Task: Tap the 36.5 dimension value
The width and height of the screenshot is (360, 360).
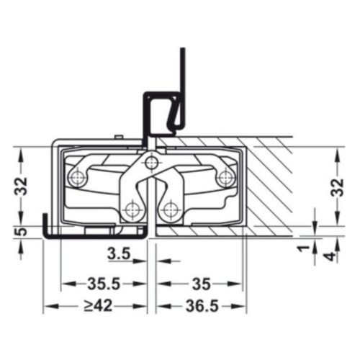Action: click(x=199, y=306)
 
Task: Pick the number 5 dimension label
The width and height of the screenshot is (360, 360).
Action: click(x=22, y=231)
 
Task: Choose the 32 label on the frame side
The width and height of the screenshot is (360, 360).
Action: click(x=21, y=185)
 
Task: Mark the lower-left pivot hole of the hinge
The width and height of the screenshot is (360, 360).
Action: click(x=130, y=210)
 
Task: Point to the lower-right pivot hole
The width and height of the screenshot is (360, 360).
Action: click(x=171, y=210)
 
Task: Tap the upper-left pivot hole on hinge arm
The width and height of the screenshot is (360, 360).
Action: click(x=77, y=176)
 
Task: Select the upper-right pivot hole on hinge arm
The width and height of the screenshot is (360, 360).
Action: click(x=224, y=176)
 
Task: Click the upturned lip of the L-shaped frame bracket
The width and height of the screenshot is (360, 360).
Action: click(x=45, y=223)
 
